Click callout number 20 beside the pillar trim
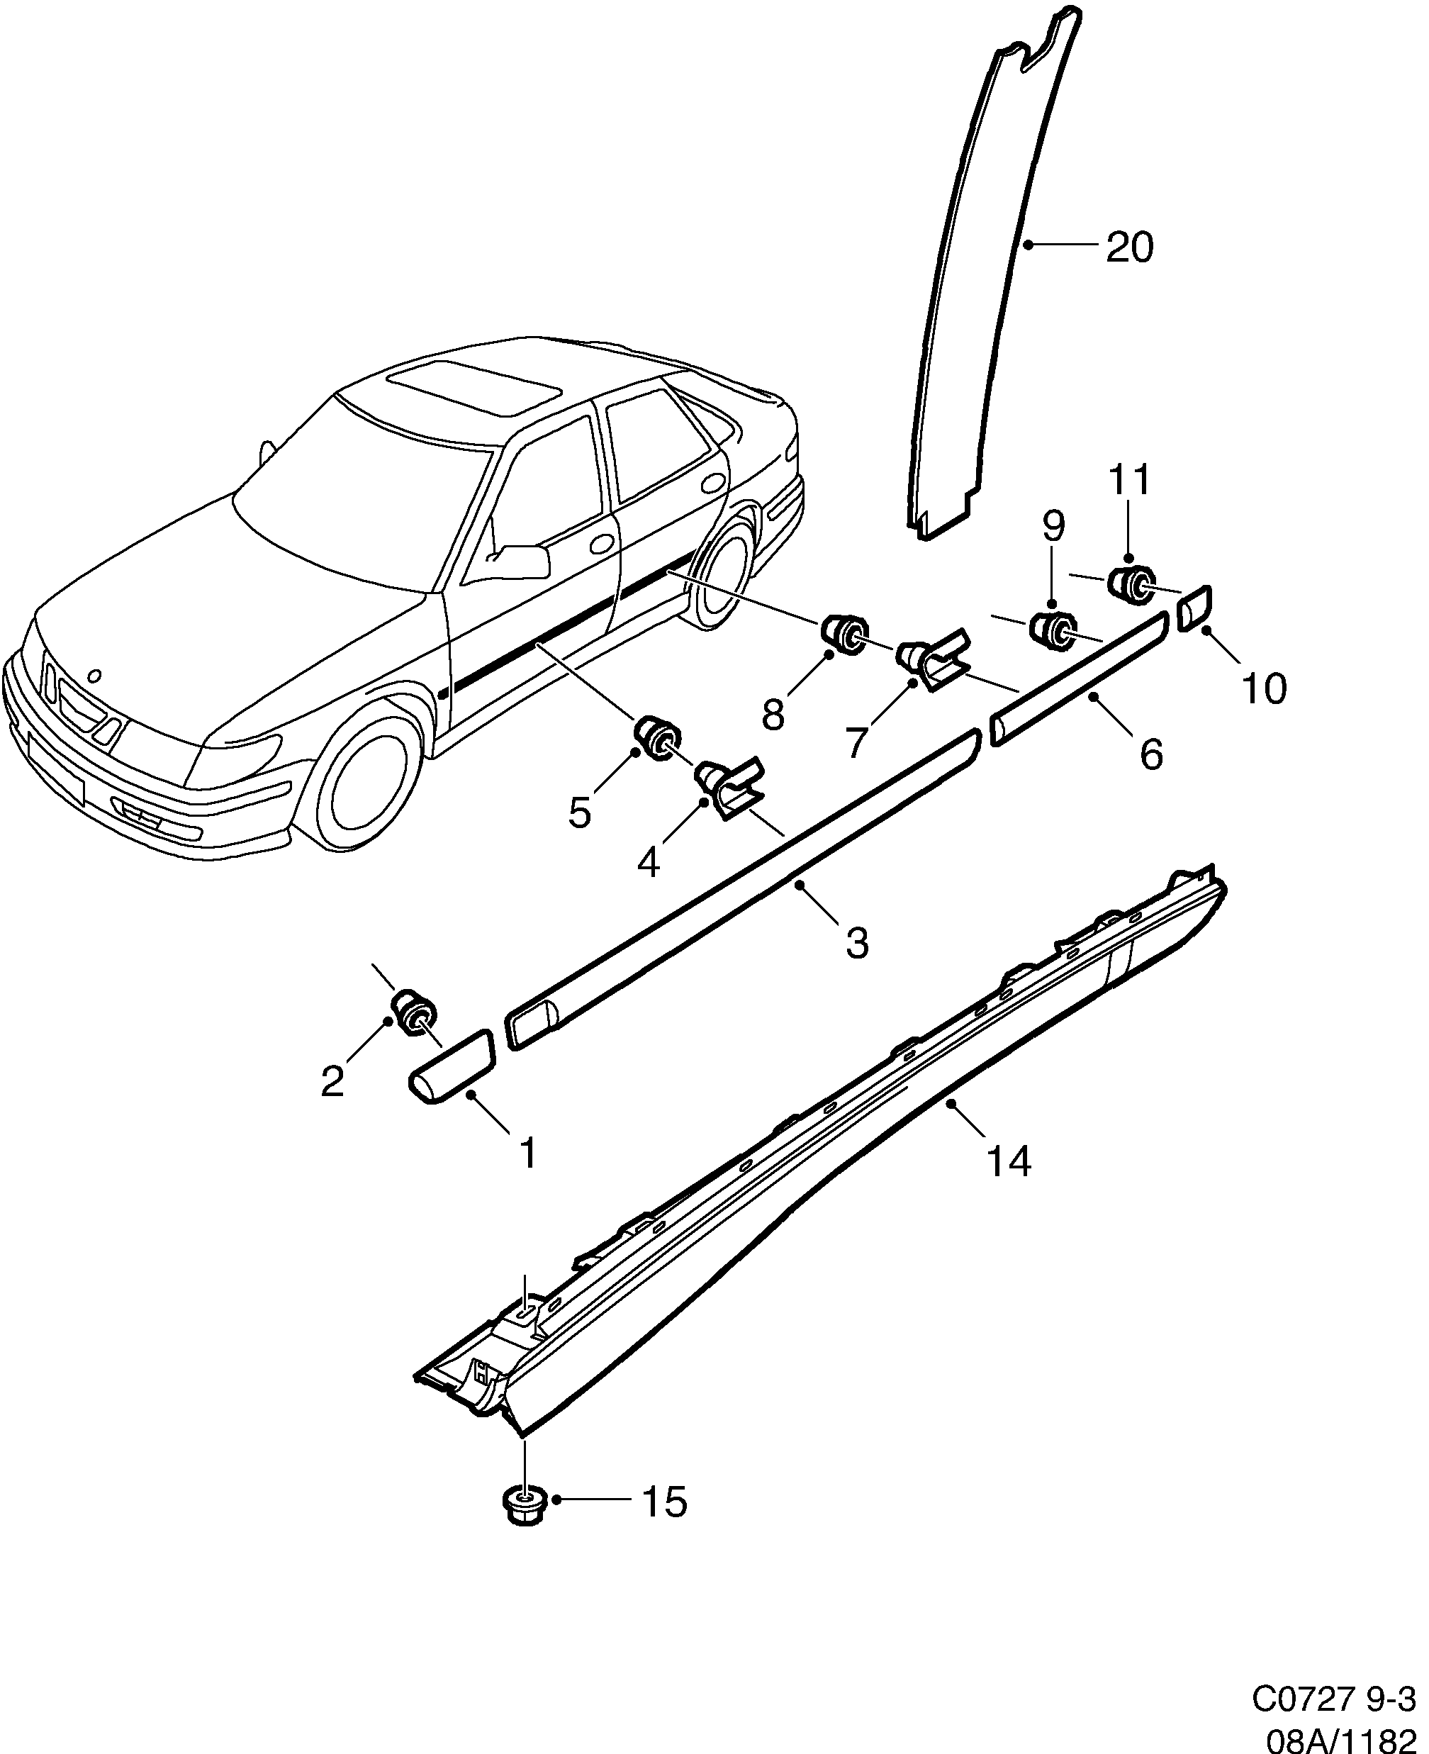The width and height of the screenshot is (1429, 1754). coord(1129,247)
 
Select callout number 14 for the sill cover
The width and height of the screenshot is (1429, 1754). coord(1009,1161)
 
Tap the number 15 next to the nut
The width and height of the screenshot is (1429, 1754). coord(663,1502)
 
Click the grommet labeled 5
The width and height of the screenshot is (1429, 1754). coord(658,739)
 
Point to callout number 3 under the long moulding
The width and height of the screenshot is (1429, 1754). coord(857,942)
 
